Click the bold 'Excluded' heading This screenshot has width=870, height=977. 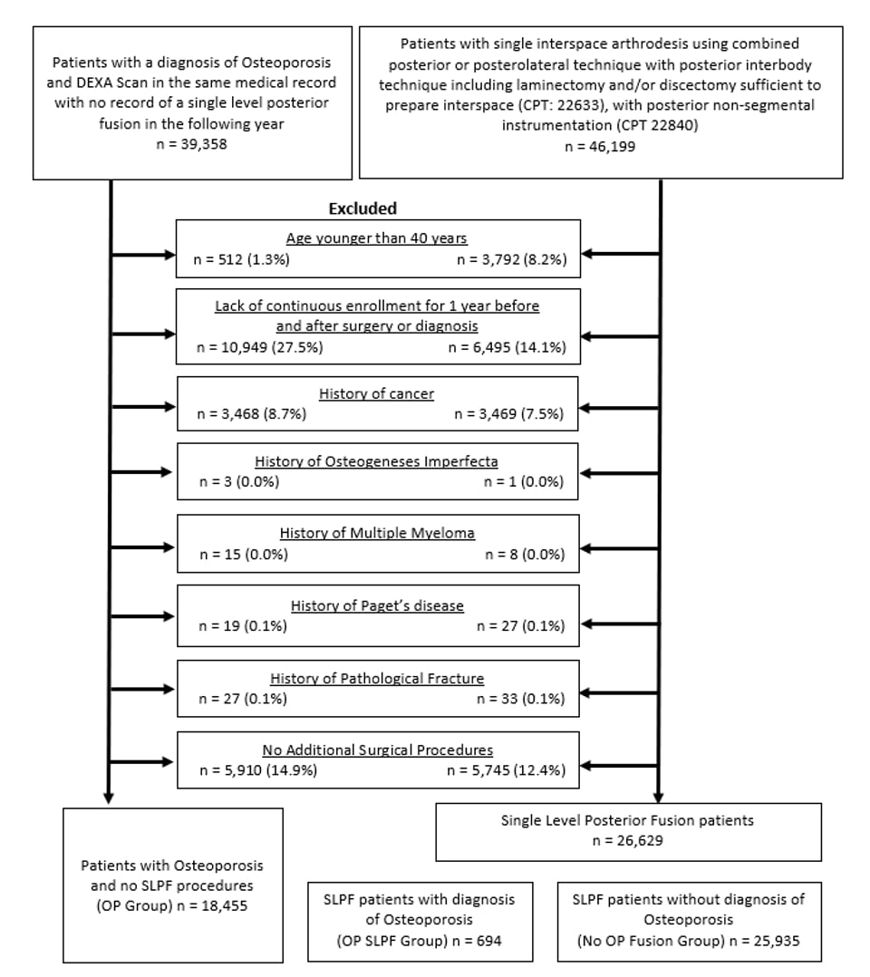point(362,208)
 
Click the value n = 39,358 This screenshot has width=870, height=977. point(191,144)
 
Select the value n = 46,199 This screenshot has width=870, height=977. point(600,147)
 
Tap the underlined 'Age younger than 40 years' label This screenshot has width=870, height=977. point(376,238)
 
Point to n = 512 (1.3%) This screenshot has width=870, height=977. point(242,259)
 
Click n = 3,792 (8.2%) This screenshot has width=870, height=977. point(512,259)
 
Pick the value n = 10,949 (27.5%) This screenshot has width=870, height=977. point(260,347)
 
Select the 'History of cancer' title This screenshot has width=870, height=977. point(376,393)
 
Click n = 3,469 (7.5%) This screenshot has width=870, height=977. point(509,413)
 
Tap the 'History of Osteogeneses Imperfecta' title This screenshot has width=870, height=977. point(376,461)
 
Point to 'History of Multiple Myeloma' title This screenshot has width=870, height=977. point(377,533)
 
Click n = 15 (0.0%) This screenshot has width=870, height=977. point(244,554)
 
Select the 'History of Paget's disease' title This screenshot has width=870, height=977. point(377,605)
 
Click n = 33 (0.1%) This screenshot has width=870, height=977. point(521,699)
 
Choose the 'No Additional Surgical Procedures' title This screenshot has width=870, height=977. point(378,750)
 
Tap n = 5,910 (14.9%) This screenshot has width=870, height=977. point(258,770)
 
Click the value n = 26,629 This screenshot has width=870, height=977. point(627,840)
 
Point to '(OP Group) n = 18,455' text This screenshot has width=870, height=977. point(171,905)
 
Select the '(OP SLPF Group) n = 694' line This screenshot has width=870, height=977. point(419,941)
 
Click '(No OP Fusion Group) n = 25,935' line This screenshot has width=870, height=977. point(689,941)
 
